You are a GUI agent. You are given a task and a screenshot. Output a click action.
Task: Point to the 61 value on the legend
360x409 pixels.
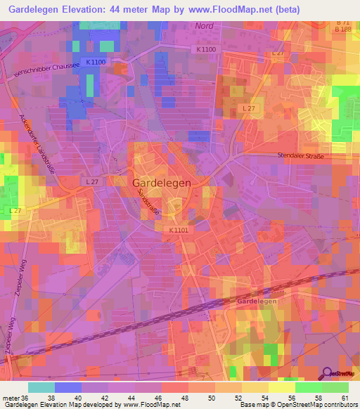(343, 398)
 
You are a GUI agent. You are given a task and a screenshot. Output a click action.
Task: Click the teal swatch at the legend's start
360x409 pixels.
(41, 387)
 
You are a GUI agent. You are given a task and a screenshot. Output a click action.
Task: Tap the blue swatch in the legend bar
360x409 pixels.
(68, 387)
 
